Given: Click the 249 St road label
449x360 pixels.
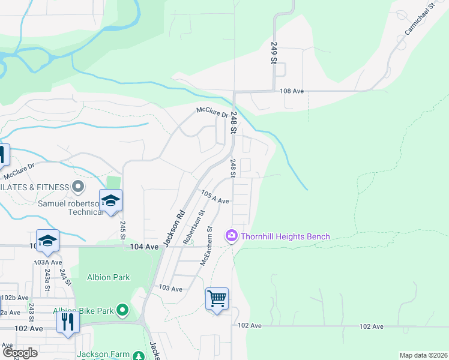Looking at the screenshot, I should point(273,53).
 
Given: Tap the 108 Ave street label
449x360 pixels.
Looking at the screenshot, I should point(292,91).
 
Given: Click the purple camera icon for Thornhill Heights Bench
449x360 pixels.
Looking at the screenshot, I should point(231,236).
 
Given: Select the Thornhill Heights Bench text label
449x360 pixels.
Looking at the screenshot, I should point(285,236).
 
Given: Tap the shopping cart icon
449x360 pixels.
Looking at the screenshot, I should point(217,298).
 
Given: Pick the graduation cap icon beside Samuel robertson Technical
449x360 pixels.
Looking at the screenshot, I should point(110,200).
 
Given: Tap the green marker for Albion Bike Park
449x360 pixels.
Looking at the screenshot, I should point(122,310).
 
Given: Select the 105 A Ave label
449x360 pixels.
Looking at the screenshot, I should point(215,197).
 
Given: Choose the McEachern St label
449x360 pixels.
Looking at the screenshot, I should point(206,246).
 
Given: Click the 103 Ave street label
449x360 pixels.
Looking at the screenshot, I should point(170,289).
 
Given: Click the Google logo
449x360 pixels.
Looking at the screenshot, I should point(20,352).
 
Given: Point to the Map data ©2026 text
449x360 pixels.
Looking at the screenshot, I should point(423,355).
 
